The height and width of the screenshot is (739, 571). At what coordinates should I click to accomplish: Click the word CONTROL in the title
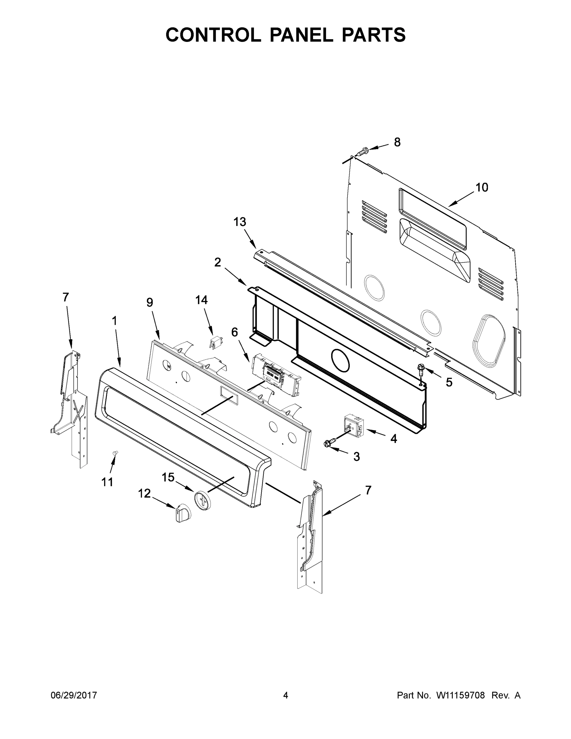213,35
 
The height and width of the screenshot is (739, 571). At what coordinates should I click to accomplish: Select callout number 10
482,187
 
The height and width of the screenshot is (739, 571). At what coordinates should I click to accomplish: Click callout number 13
239,222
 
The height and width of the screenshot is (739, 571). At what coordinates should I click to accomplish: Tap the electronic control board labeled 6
276,374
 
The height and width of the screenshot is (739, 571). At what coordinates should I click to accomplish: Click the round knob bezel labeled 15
202,500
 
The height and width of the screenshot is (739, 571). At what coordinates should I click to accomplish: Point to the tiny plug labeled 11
116,453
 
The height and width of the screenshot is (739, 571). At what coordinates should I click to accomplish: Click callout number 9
150,302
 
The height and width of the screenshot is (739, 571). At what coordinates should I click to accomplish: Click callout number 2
218,262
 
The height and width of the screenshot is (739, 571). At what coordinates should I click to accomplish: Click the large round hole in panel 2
340,360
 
